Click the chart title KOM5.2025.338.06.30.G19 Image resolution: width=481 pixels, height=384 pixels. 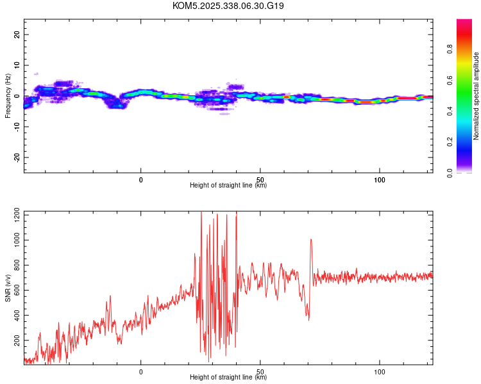click(x=228, y=6)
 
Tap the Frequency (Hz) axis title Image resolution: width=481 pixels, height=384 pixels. click(x=8, y=96)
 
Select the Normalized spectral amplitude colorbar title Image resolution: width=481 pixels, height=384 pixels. click(x=476, y=96)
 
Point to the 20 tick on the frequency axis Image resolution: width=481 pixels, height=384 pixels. click(x=17, y=35)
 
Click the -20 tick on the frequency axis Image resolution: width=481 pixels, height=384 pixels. click(x=17, y=157)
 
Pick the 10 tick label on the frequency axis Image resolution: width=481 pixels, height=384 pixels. click(x=17, y=65)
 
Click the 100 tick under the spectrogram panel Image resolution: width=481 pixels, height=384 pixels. click(x=379, y=180)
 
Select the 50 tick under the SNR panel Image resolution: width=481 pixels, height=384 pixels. click(x=260, y=371)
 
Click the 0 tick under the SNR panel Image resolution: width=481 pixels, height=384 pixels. click(x=141, y=371)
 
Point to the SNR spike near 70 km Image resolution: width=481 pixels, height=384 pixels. click(x=311, y=240)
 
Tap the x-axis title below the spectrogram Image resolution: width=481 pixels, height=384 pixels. click(x=228, y=186)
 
